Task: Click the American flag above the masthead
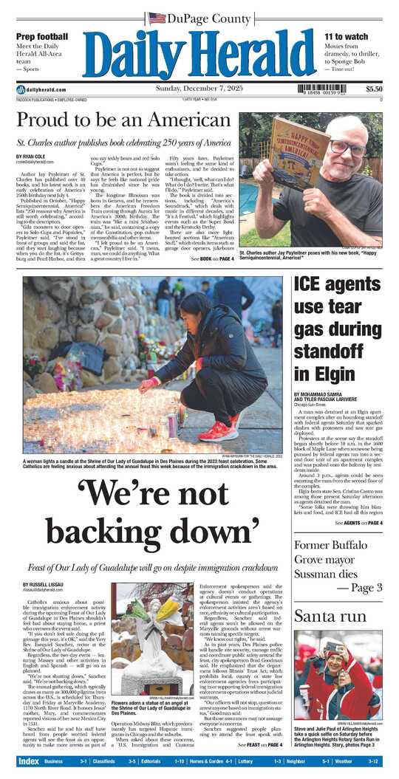tap(157, 18)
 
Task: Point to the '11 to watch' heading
tap(346, 36)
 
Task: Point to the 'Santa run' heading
tap(321, 616)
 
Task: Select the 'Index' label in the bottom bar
tap(28, 761)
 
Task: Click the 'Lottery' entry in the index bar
tap(246, 761)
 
